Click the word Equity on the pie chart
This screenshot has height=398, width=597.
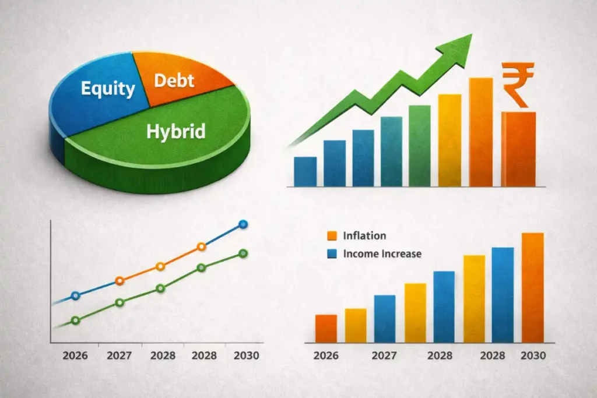click(108, 89)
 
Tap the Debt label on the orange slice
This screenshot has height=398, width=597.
click(174, 80)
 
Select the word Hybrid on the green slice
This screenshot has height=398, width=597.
click(176, 132)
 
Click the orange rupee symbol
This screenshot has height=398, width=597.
click(518, 85)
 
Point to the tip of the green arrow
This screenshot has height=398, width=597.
click(472, 34)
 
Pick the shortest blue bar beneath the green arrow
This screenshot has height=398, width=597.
click(305, 171)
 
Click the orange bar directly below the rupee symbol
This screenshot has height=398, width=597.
click(518, 149)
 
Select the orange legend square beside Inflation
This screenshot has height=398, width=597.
click(332, 236)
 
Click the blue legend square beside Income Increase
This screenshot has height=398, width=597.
click(332, 254)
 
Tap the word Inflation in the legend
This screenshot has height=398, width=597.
click(364, 236)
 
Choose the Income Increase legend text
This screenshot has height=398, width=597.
click(382, 254)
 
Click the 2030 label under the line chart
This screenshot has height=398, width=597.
click(247, 356)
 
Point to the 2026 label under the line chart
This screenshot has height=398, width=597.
click(75, 356)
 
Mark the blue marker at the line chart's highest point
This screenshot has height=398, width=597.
click(243, 224)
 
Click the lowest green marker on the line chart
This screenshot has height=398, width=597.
click(75, 320)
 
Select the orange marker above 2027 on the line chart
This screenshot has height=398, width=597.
click(120, 281)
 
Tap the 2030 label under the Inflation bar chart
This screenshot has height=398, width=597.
click(533, 356)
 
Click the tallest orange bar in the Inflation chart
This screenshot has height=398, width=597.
click(533, 288)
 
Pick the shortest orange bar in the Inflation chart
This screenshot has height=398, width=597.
click(326, 329)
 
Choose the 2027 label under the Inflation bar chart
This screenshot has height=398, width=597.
click(384, 356)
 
